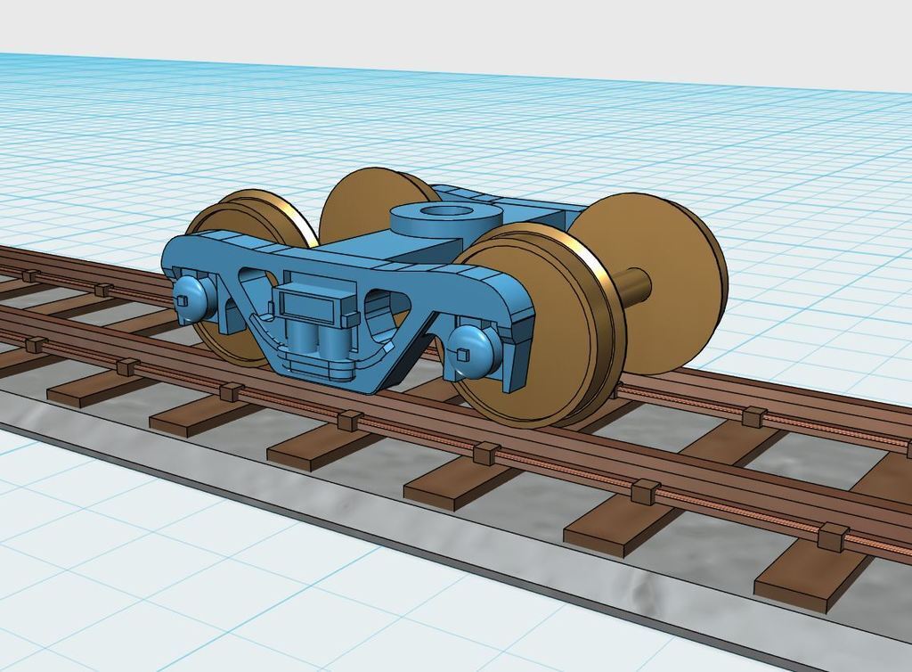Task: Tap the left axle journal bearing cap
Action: [191, 293]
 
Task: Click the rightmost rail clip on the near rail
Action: [833, 536]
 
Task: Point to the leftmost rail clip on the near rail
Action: [36, 344]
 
